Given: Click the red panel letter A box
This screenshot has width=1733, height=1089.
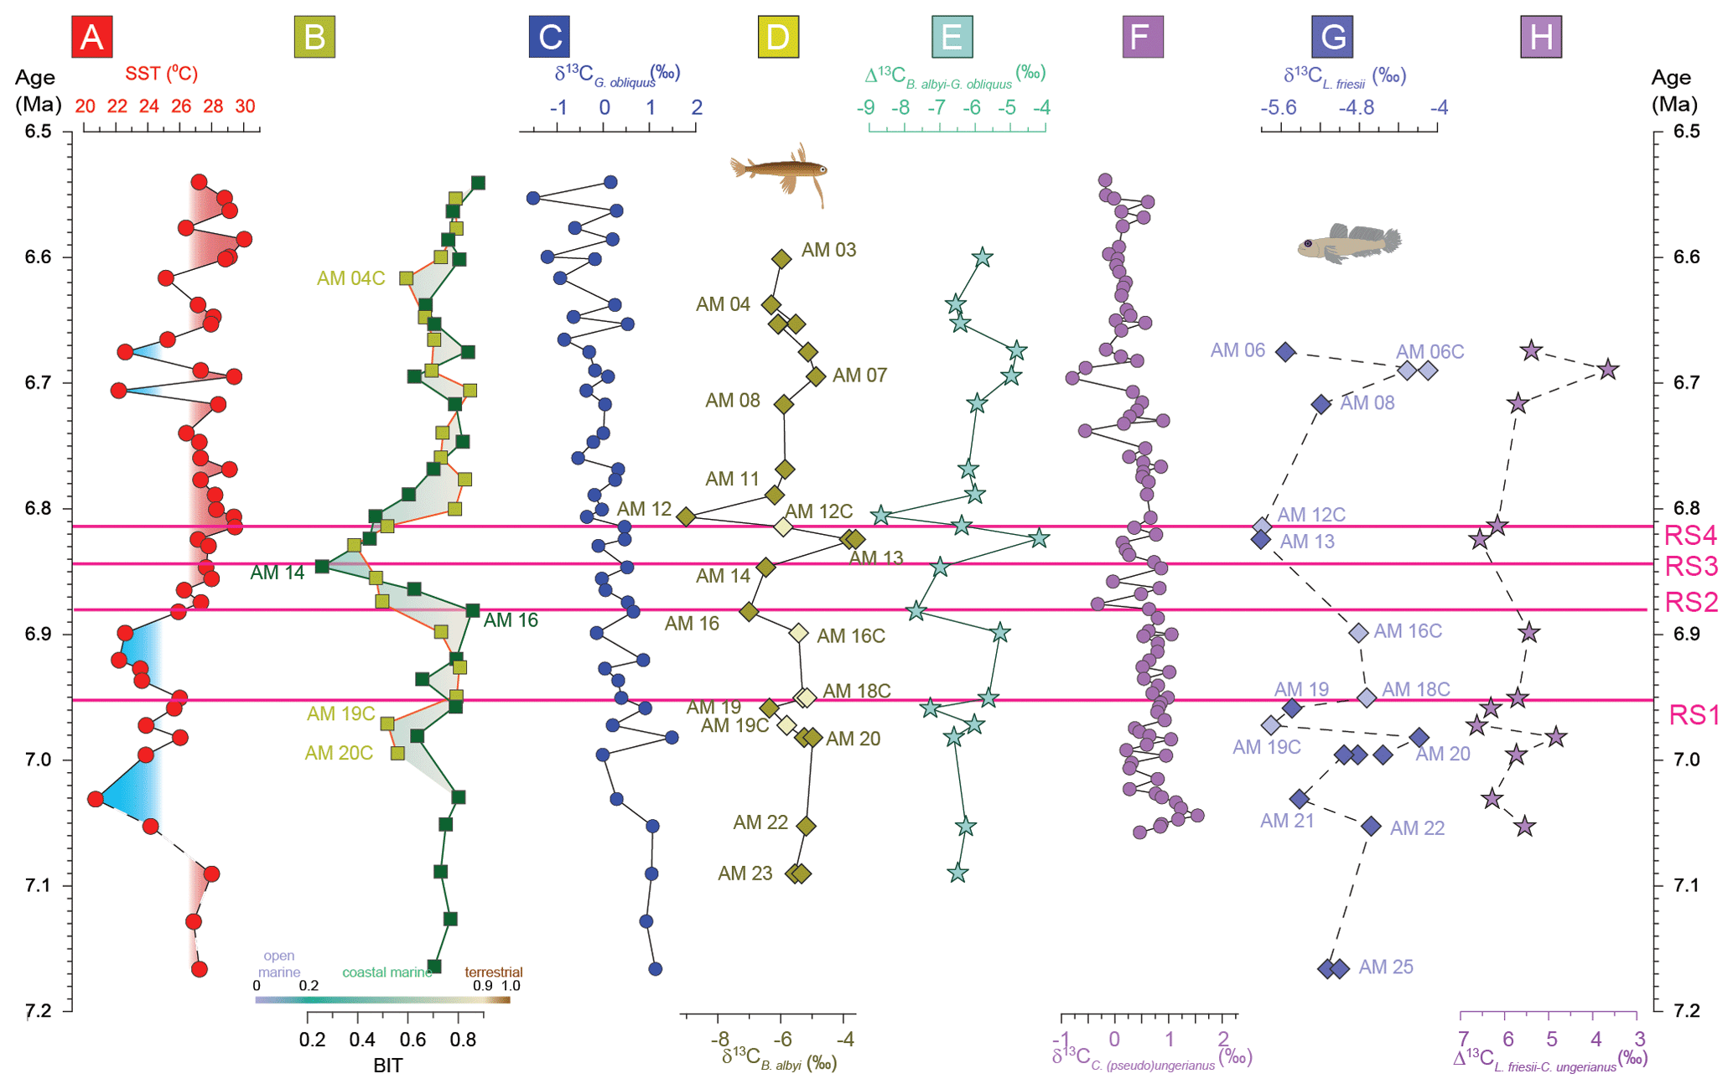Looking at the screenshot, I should point(91,37).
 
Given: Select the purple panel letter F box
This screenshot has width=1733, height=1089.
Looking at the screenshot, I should point(1142,37).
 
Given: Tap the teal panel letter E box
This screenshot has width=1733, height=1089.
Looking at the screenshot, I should point(952,37).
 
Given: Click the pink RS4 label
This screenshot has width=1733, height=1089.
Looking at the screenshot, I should point(1690,535).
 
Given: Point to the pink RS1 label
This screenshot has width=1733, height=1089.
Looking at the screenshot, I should point(1693,715).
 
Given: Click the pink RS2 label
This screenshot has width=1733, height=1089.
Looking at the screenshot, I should point(1690,602).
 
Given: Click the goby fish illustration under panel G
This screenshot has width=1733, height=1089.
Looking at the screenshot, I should point(1348,244).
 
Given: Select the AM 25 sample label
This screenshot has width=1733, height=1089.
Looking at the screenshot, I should point(1385,967).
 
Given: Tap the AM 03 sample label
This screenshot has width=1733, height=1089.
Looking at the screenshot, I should point(828,250).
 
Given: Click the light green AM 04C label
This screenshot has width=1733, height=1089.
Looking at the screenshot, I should point(350,278).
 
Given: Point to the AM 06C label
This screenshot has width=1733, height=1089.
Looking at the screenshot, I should point(1429,352).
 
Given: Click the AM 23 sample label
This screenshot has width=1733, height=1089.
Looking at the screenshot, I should point(745,874).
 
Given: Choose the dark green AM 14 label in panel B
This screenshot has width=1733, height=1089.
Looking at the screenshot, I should point(277,573).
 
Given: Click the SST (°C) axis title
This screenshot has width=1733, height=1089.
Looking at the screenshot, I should point(161,74).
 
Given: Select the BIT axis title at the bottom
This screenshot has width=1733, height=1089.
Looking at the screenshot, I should point(387,1066).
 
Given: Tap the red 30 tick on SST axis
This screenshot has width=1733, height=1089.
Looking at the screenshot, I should point(244,106).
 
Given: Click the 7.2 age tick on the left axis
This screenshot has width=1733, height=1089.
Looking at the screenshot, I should point(37,1010).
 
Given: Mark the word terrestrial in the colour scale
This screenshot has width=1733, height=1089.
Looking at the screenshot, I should point(493,972).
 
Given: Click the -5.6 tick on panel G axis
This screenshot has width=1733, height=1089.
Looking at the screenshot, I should point(1279,107).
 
